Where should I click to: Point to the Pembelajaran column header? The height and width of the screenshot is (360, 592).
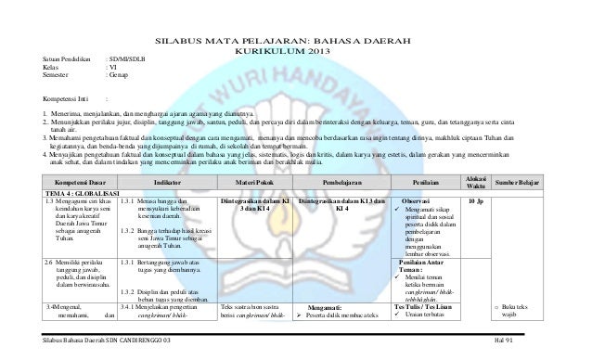(x=343, y=184)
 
